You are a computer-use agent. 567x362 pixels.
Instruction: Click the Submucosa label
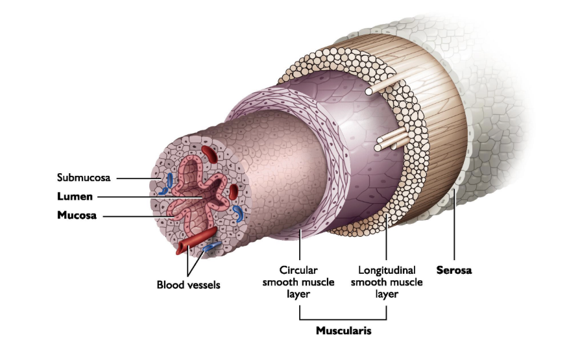[84, 176]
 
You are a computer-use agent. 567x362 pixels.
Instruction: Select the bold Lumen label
[75, 197]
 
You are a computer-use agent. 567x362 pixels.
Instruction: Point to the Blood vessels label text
[188, 285]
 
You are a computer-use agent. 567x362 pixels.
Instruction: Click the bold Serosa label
[454, 271]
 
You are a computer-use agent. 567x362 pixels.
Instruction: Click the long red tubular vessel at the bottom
[197, 239]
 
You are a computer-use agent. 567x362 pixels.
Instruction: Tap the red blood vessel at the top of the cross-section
[209, 154]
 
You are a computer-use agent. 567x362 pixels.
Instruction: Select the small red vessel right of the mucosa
[233, 191]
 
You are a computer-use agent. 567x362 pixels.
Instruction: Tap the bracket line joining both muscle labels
[343, 319]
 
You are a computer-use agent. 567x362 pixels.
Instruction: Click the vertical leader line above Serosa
[454, 227]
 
